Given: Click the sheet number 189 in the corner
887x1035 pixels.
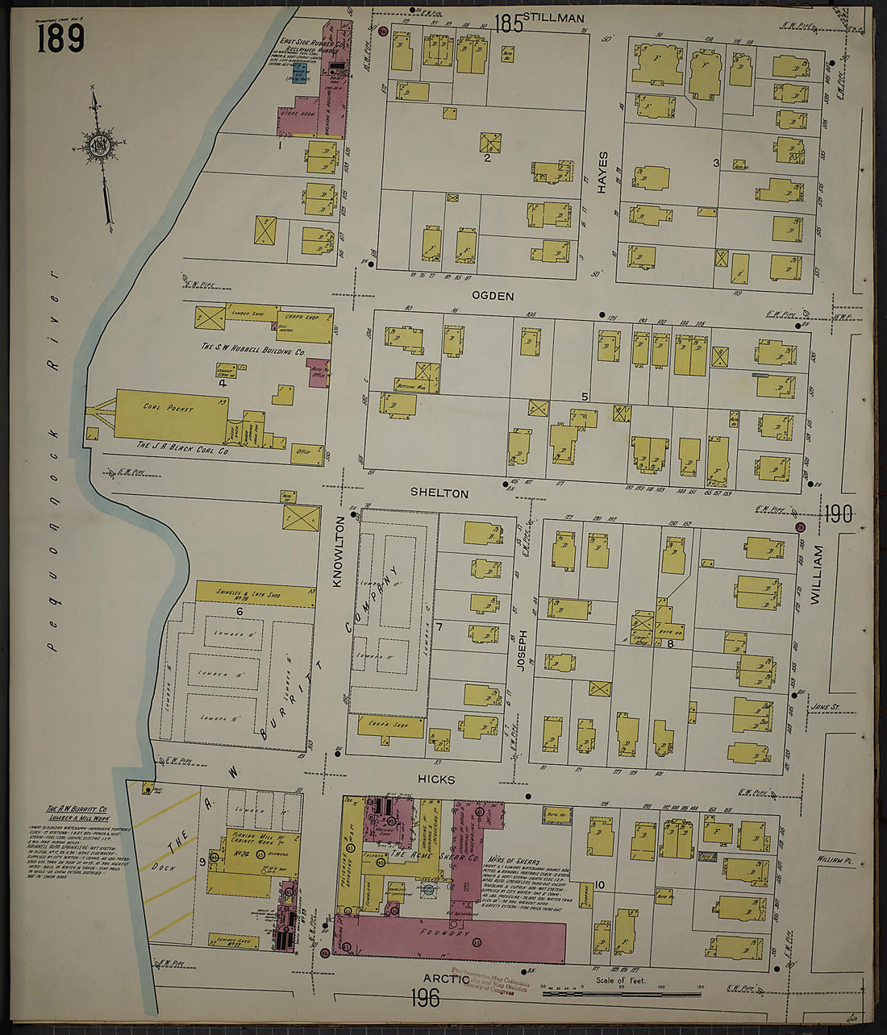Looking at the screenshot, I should pos(60,37).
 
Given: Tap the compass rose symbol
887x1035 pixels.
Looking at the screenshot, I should pos(100,148).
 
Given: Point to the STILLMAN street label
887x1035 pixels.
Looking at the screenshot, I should pos(553,17).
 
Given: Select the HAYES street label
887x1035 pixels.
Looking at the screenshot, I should pos(602,172).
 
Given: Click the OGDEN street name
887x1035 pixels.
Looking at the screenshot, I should pos(493,296).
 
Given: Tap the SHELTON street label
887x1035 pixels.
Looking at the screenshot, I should pos(439,493).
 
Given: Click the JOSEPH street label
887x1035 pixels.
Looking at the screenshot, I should pos(522,651).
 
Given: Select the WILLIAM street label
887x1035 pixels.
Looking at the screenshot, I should pos(818,575).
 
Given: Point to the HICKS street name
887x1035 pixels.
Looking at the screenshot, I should pos(436,779).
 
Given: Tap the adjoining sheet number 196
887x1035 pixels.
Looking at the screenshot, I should pos(424,998).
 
